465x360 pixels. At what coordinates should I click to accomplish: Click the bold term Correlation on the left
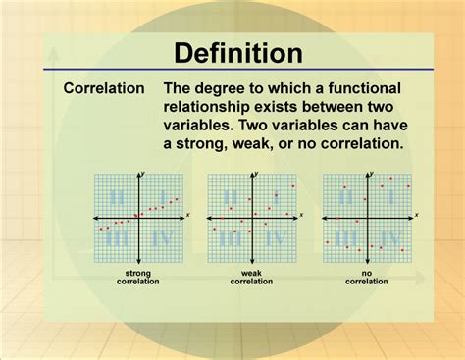click(104, 89)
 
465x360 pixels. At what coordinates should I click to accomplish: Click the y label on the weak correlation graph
click(256, 174)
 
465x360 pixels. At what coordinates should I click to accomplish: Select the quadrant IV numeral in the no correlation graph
click(389, 237)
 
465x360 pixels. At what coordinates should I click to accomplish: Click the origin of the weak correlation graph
click(251, 216)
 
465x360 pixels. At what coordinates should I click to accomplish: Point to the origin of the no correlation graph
click(366, 216)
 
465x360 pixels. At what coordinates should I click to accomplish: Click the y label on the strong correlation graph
click(143, 174)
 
